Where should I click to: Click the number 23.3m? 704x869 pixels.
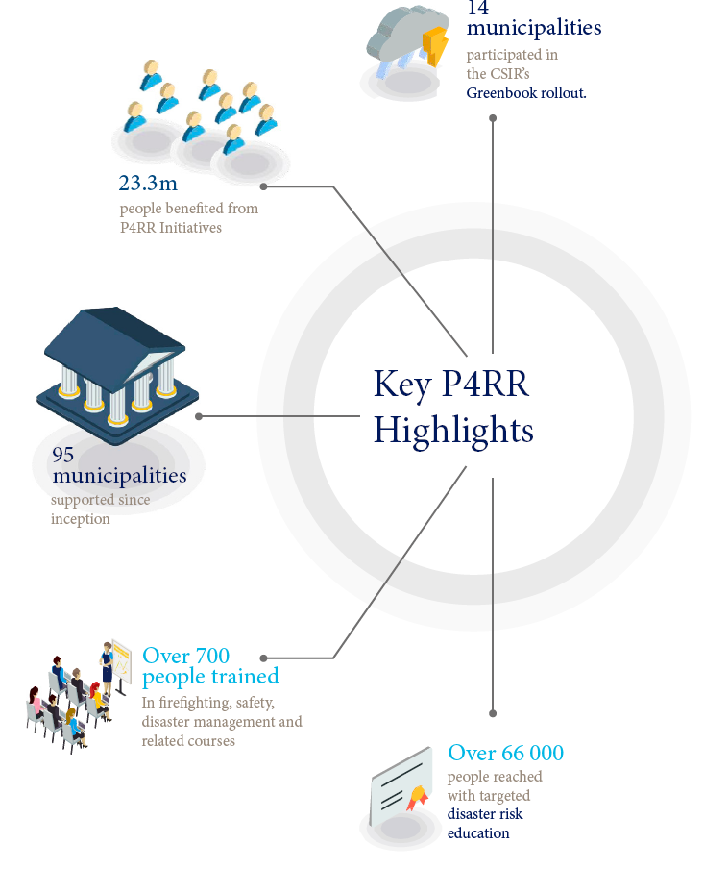(x=148, y=183)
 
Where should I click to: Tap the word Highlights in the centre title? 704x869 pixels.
(x=453, y=431)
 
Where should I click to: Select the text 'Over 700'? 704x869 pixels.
(x=185, y=656)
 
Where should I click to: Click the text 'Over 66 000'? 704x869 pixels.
(x=506, y=753)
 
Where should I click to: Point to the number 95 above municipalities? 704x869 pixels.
(x=62, y=455)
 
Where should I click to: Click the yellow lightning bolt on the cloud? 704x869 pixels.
(x=435, y=45)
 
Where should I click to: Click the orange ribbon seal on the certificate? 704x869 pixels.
(x=417, y=797)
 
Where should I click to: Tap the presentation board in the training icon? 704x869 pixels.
(x=121, y=662)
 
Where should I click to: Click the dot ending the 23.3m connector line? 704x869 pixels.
(x=264, y=186)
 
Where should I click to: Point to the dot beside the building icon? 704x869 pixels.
(x=199, y=416)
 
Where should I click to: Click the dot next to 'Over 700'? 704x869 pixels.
(x=264, y=658)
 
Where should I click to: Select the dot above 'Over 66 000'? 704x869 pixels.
(x=493, y=714)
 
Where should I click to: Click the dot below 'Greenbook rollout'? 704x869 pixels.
(x=493, y=118)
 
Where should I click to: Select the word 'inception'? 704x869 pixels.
(x=81, y=519)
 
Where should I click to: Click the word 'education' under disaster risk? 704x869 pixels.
(x=478, y=833)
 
